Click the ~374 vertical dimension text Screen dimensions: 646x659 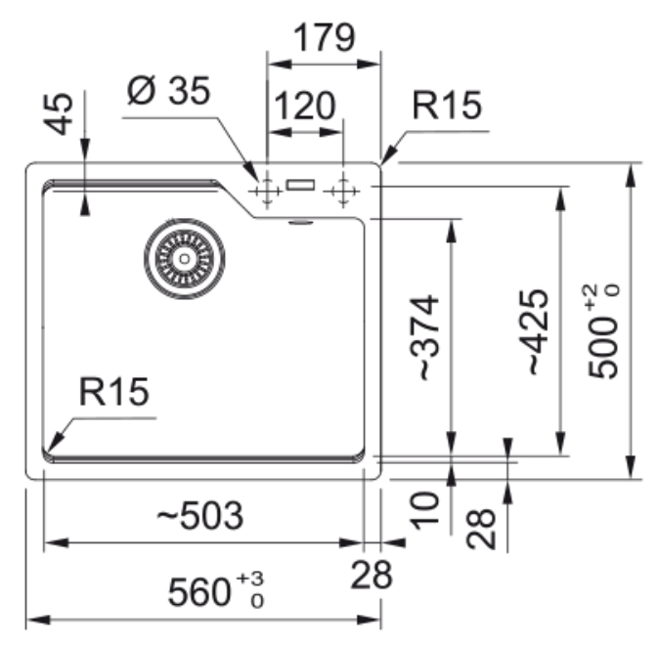(425, 337)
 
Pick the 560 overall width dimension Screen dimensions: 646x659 (200, 592)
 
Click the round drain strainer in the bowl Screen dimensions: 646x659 (184, 258)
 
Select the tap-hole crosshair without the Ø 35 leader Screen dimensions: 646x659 (341, 191)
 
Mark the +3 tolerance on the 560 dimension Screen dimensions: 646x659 (253, 583)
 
